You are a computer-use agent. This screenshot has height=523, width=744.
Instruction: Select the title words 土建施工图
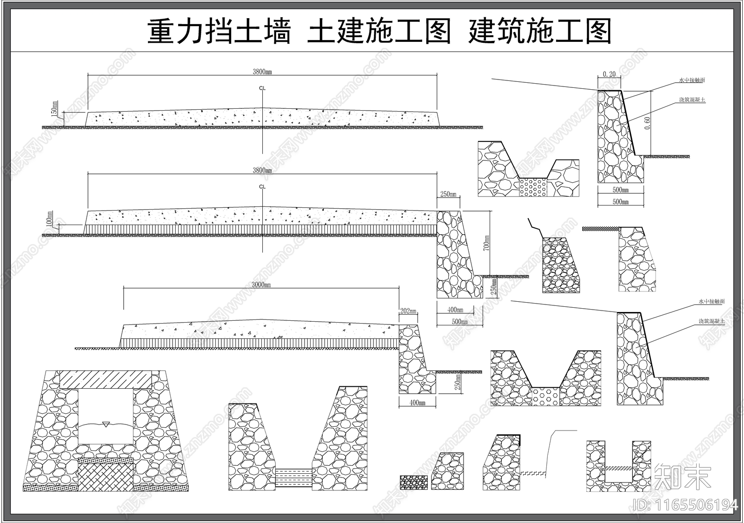click(x=379, y=32)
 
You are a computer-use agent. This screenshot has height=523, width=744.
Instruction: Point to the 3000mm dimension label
click(x=261, y=285)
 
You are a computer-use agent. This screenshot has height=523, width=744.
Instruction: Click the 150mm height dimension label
click(x=55, y=109)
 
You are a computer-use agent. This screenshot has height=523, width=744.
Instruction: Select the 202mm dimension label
click(x=408, y=311)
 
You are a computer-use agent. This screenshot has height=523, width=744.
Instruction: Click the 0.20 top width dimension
click(x=609, y=74)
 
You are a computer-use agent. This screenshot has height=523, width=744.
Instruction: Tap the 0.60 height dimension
click(x=647, y=122)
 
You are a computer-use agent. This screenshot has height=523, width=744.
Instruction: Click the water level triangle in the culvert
click(x=106, y=424)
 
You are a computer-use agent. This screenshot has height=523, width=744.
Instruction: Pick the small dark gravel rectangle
click(x=413, y=482)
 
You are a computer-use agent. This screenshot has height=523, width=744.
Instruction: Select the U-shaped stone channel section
click(x=618, y=466)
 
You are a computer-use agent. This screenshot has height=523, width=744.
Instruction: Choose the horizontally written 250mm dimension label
click(x=448, y=194)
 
